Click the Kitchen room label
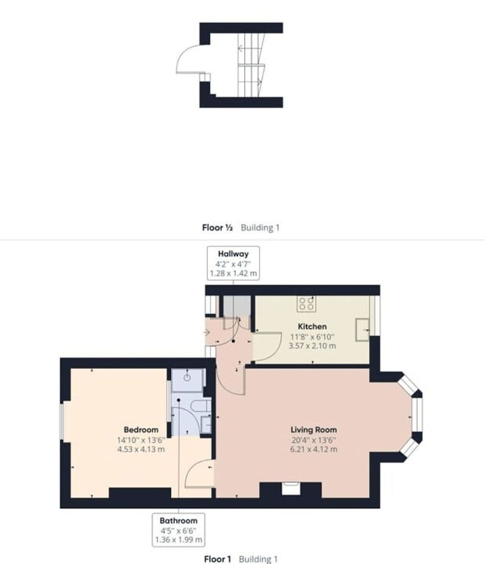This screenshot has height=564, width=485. pos(312,327)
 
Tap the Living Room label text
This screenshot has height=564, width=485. pos(314,429)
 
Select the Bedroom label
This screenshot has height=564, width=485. pos(141,429)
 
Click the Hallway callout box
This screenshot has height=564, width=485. pos(233,263)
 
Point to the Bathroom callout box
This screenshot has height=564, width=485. pos(178,530)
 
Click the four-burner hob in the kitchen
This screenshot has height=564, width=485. pos(306,304)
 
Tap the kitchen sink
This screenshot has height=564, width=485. pos(362,329)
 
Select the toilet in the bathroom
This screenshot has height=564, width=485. pos(201,406)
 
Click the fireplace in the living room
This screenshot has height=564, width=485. pos(290,489)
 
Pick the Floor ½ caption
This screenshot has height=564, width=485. pos(217,227)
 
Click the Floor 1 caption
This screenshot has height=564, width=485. pos(217,559)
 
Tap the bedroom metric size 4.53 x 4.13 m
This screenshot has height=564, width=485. pos(141,450)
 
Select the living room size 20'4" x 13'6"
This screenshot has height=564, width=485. pos(314,440)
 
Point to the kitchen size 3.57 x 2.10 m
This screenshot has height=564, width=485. pos(312,346)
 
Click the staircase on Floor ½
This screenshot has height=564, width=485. pos(251,65)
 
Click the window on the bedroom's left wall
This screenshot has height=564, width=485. pos(61,421)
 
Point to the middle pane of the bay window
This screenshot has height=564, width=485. pos(417,415)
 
